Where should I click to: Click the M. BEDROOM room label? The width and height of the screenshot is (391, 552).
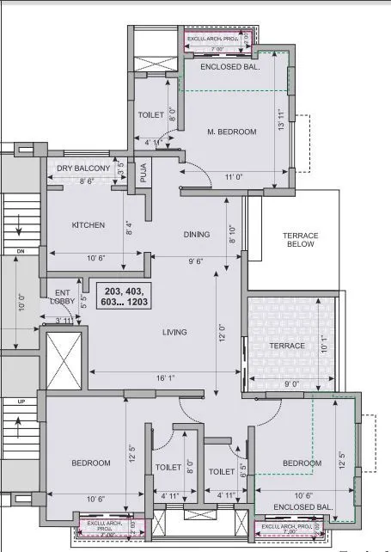coord(231,132)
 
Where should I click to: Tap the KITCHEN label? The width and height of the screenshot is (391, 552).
coord(89,225)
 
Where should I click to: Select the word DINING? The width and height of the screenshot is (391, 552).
coord(197,234)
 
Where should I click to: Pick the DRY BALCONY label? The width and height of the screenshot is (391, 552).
coord(83,168)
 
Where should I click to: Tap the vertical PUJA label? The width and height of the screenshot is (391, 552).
coord(144,175)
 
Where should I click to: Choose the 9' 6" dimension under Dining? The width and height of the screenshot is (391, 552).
coord(197,260)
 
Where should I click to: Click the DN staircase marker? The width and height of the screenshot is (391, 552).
coord(20,251)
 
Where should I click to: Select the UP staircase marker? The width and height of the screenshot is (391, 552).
coord(19,401)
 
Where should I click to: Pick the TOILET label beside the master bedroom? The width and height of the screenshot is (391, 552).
coord(151,114)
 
